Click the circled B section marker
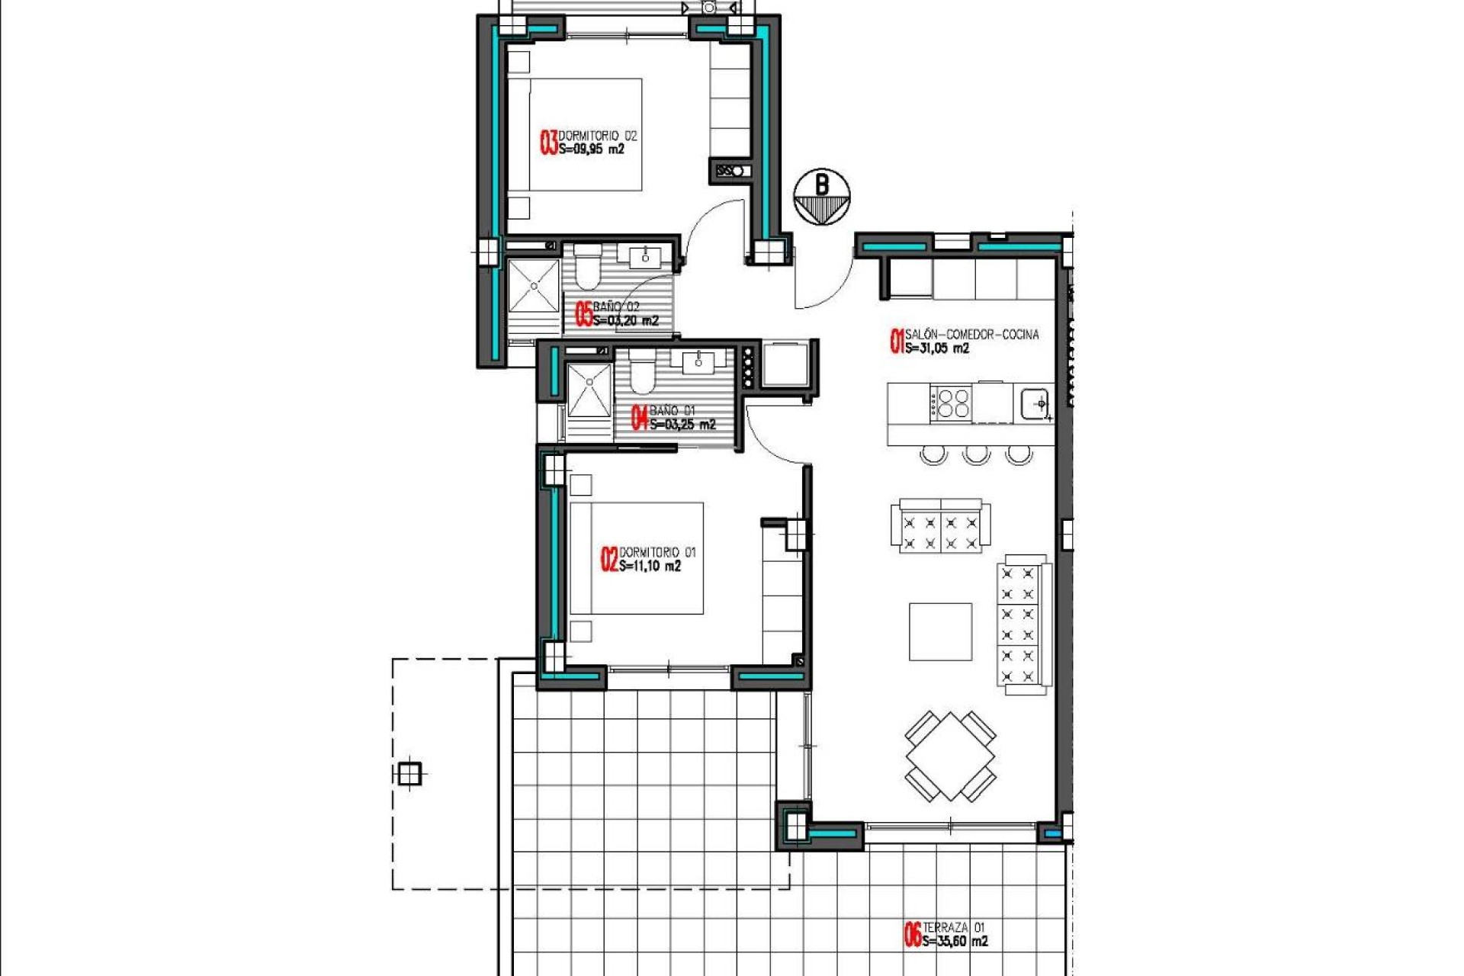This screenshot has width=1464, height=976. point(821,197)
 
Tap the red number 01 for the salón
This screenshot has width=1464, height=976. point(897,341)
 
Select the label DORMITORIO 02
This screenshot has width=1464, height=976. point(597,136)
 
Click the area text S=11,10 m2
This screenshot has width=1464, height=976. point(650,566)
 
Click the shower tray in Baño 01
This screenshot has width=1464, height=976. point(589,390)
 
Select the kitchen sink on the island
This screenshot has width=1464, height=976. point(1035,403)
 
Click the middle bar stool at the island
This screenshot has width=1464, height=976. point(976,455)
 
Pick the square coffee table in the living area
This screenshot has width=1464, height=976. point(940,631)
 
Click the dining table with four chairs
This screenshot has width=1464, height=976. point(950,756)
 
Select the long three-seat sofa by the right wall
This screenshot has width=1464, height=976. point(1022,624)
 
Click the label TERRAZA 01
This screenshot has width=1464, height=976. point(954,927)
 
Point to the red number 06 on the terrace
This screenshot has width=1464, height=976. point(912,935)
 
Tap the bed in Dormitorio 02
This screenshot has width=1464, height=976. point(584,135)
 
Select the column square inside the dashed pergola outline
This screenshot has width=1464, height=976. point(409,774)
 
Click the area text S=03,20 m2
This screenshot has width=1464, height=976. point(625,321)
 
